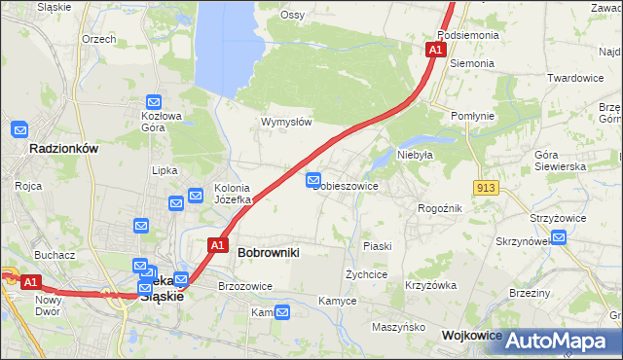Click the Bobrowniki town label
269,252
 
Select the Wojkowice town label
472,335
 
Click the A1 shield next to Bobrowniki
217,245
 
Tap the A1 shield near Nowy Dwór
30,282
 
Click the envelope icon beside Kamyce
282,312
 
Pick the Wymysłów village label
286,122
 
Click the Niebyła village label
415,154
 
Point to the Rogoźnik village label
440,207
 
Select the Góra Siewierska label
560,162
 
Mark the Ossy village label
293,15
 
